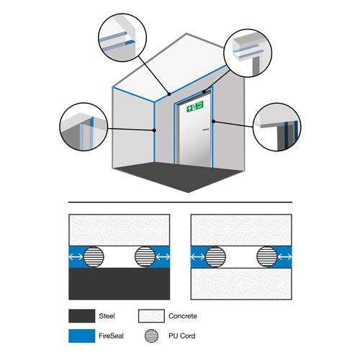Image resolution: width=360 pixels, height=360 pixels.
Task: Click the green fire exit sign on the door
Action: (x=195, y=107)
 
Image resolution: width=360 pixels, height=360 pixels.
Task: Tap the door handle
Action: (x=206, y=130)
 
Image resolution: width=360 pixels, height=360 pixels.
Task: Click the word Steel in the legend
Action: (x=107, y=316)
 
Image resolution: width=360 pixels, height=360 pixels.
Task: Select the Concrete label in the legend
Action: (x=183, y=316)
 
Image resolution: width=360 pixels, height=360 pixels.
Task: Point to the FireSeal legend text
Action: (x=111, y=336)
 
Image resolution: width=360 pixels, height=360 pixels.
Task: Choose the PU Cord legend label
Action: (x=182, y=336)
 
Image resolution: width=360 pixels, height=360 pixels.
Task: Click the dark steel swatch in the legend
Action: (x=82, y=316)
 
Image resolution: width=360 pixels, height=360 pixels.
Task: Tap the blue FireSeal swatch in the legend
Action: (x=82, y=336)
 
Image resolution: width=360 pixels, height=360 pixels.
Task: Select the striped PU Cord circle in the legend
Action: (x=151, y=336)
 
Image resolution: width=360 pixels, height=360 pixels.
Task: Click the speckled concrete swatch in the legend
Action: (x=151, y=316)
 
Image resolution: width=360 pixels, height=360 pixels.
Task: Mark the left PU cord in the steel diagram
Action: (x=94, y=256)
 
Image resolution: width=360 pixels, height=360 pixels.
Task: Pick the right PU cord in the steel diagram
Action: (x=145, y=256)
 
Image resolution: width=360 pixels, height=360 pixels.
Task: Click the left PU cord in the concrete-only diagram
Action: (x=216, y=256)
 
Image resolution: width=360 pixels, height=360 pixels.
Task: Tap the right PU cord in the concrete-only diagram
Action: (x=267, y=256)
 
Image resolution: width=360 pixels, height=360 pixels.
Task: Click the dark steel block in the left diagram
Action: (x=120, y=284)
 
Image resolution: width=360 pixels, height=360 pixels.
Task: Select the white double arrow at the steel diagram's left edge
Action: (x=76, y=257)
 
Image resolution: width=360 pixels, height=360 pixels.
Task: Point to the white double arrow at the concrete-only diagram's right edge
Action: (x=284, y=257)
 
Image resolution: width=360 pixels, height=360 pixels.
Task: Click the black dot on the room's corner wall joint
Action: (x=154, y=130)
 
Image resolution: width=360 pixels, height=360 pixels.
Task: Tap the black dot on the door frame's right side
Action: (x=213, y=122)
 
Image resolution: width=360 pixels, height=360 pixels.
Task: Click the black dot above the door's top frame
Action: (x=204, y=91)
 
